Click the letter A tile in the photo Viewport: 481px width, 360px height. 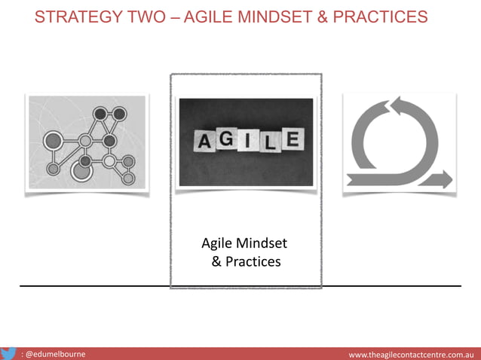[x=204, y=141]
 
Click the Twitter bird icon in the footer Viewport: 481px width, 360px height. [x=10, y=353]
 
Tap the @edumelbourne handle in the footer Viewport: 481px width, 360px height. [x=54, y=354]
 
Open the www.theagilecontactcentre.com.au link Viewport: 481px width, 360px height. [x=411, y=354]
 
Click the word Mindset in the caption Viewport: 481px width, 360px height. [x=262, y=244]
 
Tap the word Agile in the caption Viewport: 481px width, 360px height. [x=217, y=244]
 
